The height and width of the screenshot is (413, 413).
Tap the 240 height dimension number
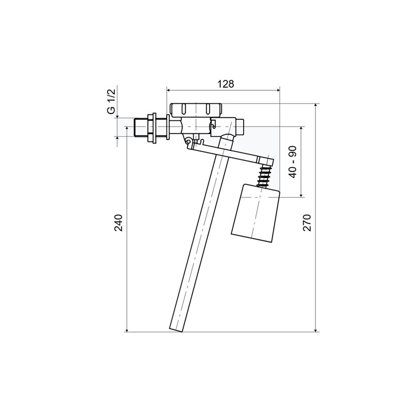[x=119, y=223]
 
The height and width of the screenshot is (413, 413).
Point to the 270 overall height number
[x=308, y=223]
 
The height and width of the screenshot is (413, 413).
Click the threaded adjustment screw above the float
[x=263, y=177]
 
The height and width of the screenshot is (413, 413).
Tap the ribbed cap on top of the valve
[x=196, y=109]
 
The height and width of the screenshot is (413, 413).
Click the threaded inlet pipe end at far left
[x=138, y=128]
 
